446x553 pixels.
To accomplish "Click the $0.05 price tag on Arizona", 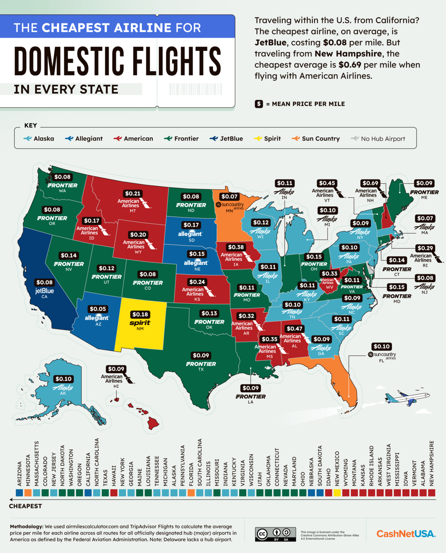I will [x=98, y=309].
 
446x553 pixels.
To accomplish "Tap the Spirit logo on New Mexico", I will [x=140, y=323].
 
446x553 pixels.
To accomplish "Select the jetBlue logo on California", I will [x=44, y=291].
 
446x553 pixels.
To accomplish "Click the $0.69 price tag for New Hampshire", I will [x=370, y=183].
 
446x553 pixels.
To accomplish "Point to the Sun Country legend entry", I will [x=316, y=139].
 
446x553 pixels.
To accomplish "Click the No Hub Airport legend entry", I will [x=378, y=139].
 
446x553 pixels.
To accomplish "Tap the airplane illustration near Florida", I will [x=407, y=398].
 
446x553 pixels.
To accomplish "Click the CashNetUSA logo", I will [x=406, y=534].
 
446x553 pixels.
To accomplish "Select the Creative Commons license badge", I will [x=276, y=534].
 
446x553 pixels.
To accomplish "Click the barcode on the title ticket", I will [x=196, y=89].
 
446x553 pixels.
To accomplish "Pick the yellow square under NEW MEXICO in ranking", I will [x=337, y=493].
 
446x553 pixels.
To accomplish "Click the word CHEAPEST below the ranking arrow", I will [x=25, y=506].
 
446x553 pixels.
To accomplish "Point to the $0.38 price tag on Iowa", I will [x=236, y=247].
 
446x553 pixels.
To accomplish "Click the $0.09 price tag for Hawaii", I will [x=116, y=369].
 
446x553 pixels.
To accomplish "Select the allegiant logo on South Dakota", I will [x=190, y=234].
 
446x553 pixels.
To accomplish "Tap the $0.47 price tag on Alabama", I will [x=295, y=329].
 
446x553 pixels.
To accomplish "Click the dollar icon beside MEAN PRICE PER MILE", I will [x=259, y=104].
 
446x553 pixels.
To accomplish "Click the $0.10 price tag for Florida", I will [x=381, y=346].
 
